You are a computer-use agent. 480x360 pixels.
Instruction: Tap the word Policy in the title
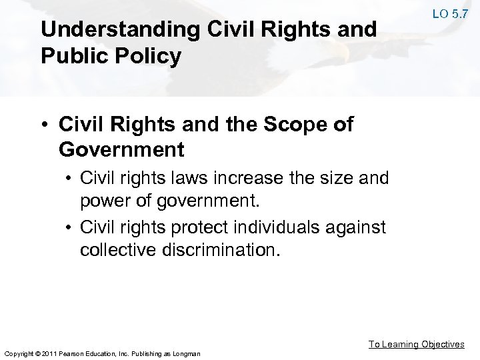pos(152,57)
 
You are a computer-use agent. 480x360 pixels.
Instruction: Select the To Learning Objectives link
pos(417,344)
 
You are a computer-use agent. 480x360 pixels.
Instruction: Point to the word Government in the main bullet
pos(121,149)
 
